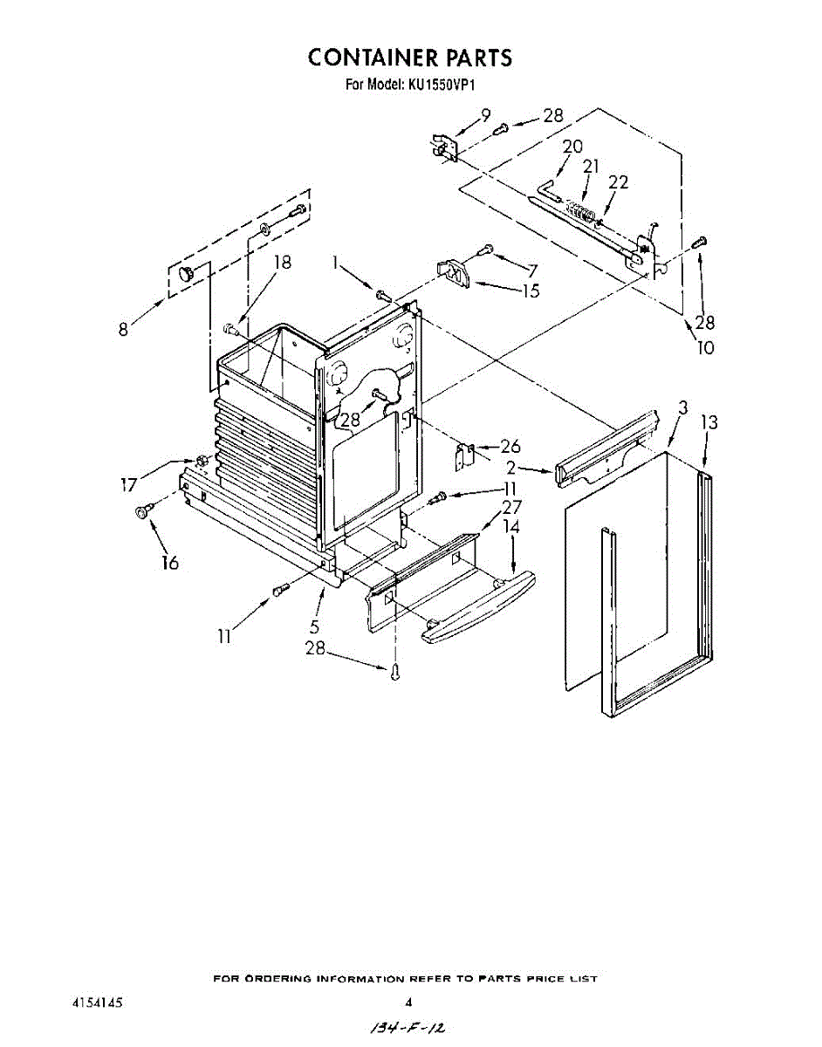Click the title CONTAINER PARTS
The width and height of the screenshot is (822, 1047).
(409, 58)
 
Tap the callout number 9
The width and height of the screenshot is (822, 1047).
(485, 114)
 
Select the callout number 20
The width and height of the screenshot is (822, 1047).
(572, 147)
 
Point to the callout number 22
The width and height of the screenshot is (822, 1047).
(618, 182)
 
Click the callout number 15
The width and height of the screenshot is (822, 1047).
(531, 291)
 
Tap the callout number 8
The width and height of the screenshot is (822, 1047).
(124, 330)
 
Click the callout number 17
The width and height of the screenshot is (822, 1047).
(128, 485)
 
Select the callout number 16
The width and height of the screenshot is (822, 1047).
(169, 563)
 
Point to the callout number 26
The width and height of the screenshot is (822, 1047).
(510, 447)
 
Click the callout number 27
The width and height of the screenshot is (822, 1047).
(511, 507)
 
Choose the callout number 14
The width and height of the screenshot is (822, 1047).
(511, 527)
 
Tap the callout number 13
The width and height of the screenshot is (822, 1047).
(709, 422)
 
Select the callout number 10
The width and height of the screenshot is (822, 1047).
(705, 347)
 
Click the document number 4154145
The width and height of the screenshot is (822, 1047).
(97, 1003)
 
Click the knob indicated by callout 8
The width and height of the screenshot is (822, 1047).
(186, 274)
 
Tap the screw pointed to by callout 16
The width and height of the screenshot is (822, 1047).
(141, 511)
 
